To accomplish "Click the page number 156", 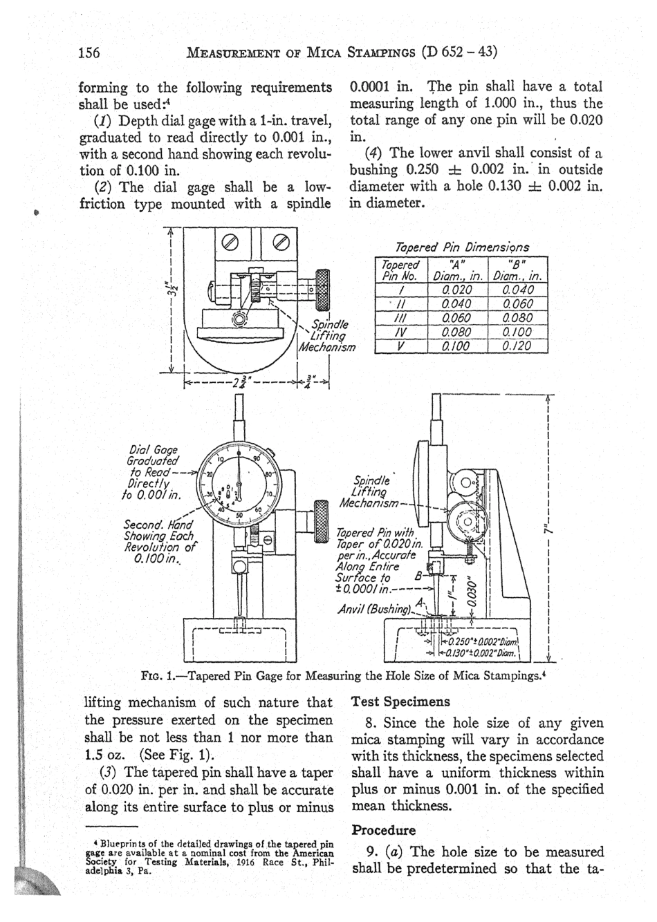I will (90, 53).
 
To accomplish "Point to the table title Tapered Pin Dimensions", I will (462, 247).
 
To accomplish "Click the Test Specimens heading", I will (400, 702).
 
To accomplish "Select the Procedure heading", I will (384, 829).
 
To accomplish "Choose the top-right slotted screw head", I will (281, 243).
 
